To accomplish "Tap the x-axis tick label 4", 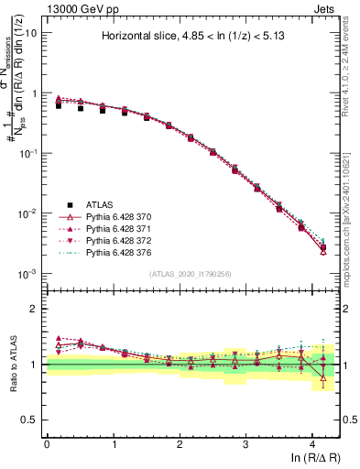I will pyautogui.click(x=312, y=443).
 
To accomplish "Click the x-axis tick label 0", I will pyautogui.click(x=47, y=443).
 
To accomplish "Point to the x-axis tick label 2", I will pyautogui.click(x=180, y=443).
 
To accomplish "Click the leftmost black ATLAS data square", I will pyautogui.click(x=59, y=106).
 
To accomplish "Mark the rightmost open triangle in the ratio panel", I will pyautogui.click(x=323, y=377).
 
